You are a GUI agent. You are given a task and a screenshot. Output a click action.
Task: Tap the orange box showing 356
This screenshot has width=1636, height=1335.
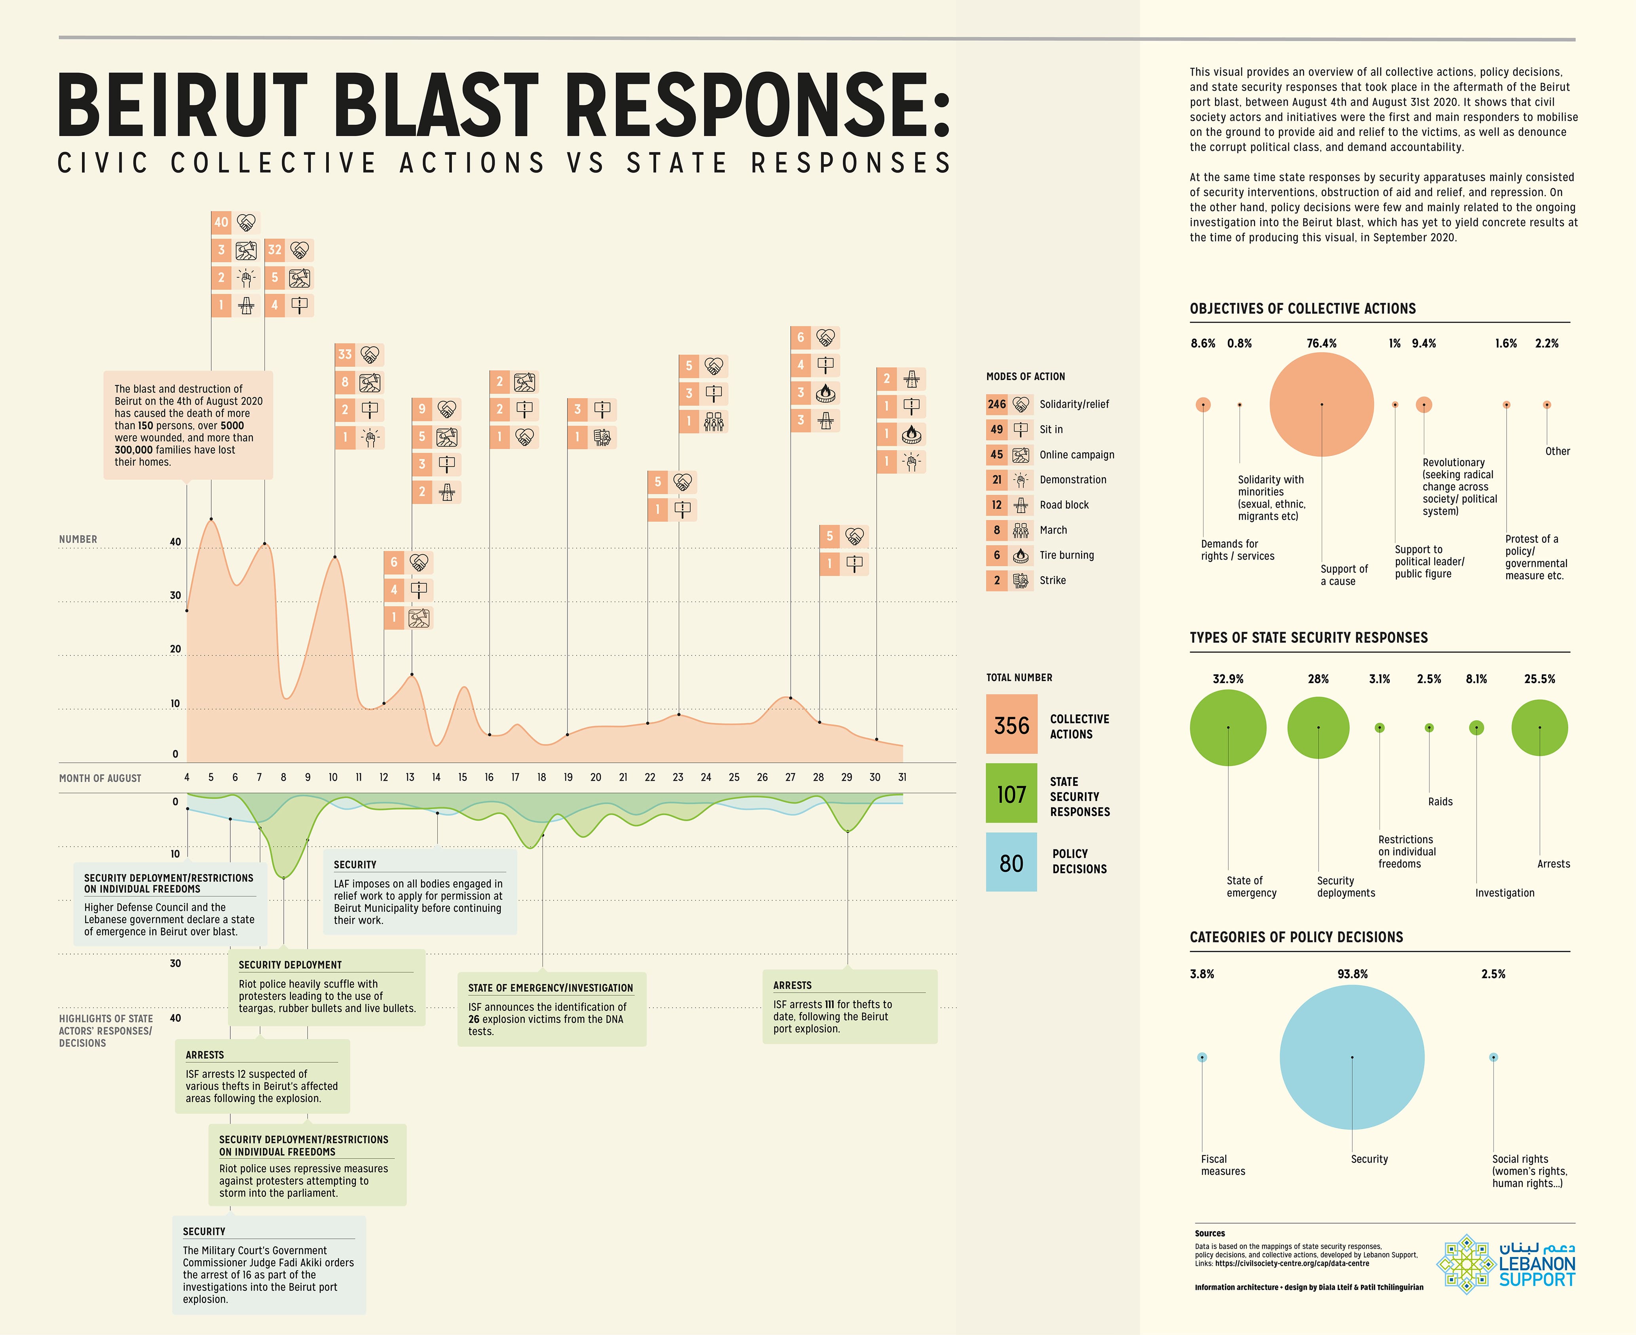pyautogui.click(x=1011, y=725)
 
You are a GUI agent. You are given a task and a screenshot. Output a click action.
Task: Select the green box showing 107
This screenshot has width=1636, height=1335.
pyautogui.click(x=1011, y=794)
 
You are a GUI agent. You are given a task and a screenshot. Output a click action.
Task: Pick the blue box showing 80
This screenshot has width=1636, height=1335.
pyautogui.click(x=1011, y=863)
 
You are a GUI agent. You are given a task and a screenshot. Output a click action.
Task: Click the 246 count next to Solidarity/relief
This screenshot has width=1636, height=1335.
pyautogui.click(x=996, y=404)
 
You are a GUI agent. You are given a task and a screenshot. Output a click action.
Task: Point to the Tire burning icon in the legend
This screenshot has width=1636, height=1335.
pyautogui.click(x=1021, y=555)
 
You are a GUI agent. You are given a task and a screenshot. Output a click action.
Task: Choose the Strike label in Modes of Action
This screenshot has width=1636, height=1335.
pyautogui.click(x=1053, y=581)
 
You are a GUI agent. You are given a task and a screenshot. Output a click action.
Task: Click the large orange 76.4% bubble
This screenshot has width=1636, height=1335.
pyautogui.click(x=1321, y=404)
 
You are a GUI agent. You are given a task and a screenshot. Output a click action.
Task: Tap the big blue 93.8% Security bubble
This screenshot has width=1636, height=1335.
pyautogui.click(x=1351, y=1058)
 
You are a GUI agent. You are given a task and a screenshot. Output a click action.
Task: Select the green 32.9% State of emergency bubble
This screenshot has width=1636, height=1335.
pyautogui.click(x=1228, y=727)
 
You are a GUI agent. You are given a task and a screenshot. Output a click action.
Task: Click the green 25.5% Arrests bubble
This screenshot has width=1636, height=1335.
pyautogui.click(x=1539, y=727)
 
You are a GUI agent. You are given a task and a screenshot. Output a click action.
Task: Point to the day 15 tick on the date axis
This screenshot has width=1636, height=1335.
pyautogui.click(x=463, y=777)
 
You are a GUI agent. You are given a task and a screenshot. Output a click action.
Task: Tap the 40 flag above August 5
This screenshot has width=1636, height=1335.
pyautogui.click(x=221, y=223)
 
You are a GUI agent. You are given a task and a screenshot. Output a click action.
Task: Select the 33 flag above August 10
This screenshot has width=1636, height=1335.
pyautogui.click(x=345, y=355)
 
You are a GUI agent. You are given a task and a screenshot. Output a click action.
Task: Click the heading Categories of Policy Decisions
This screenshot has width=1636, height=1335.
pyautogui.click(x=1296, y=937)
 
